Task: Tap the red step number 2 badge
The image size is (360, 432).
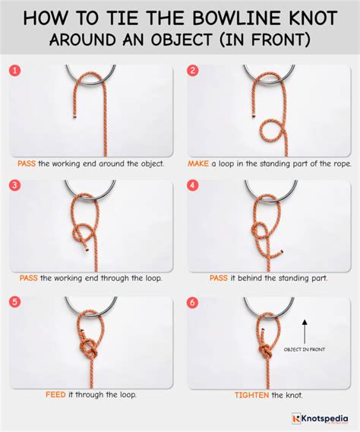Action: [193, 71]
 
